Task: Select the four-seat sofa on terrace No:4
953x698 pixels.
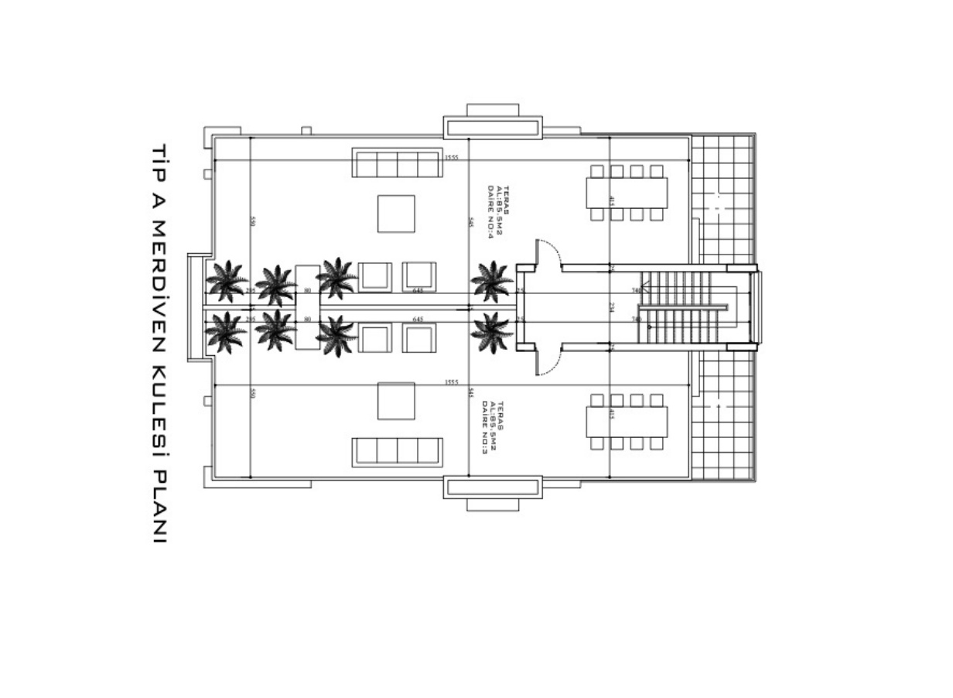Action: (x=398, y=164)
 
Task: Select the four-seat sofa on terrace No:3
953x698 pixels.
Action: (x=398, y=452)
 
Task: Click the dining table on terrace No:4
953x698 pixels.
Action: (x=627, y=193)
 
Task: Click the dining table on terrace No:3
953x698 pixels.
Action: (x=627, y=422)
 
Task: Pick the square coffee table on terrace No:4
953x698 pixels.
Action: (x=396, y=214)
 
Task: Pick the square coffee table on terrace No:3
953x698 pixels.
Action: (x=396, y=401)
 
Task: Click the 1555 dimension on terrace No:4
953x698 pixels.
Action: (x=452, y=157)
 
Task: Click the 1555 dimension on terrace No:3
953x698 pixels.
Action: (x=452, y=382)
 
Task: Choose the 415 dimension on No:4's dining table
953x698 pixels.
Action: (x=611, y=201)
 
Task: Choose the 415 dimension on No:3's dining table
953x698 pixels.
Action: (x=611, y=415)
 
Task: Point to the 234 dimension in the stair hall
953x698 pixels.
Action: (x=611, y=307)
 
